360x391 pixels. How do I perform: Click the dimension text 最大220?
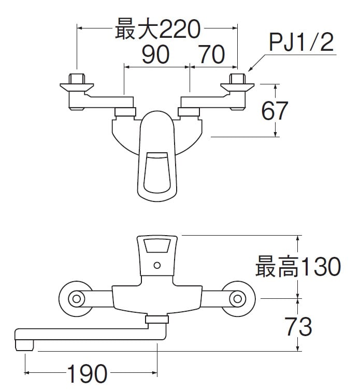[157, 29]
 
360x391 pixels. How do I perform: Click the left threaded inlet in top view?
[77, 80]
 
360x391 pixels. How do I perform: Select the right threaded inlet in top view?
[237, 80]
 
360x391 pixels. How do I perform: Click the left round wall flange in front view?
[77, 299]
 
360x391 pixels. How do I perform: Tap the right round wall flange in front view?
[238, 299]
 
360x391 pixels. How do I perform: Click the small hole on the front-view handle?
[157, 266]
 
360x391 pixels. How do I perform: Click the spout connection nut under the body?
[156, 320]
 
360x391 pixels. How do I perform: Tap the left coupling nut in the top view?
[125, 111]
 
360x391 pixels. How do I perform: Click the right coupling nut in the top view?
[189, 111]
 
